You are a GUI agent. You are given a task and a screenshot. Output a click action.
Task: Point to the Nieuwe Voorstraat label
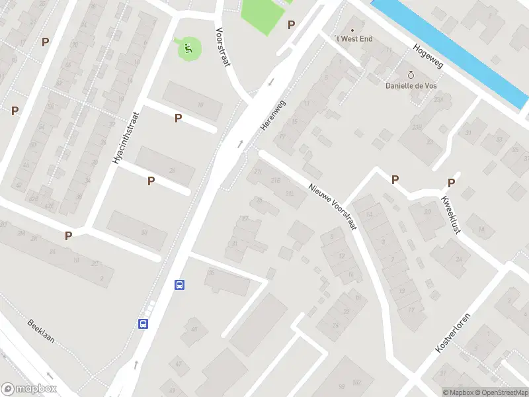333,206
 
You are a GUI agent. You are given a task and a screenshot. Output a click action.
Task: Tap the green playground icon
188,47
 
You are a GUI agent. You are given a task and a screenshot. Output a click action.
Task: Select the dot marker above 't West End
352,30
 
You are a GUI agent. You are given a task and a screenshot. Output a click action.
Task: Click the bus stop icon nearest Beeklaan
143,324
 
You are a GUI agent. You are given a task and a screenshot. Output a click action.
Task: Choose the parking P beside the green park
291,24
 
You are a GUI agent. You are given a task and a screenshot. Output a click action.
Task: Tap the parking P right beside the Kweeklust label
452,183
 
